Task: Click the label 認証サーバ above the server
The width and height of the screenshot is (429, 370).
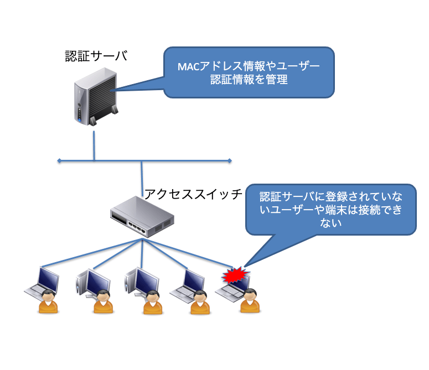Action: point(96,56)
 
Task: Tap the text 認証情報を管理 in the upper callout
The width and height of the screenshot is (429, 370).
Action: point(249,80)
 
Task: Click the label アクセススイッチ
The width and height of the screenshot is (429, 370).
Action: point(193,194)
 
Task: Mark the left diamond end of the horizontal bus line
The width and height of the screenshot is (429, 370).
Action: point(58,161)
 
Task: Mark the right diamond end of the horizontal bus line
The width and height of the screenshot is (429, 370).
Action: point(230,161)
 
